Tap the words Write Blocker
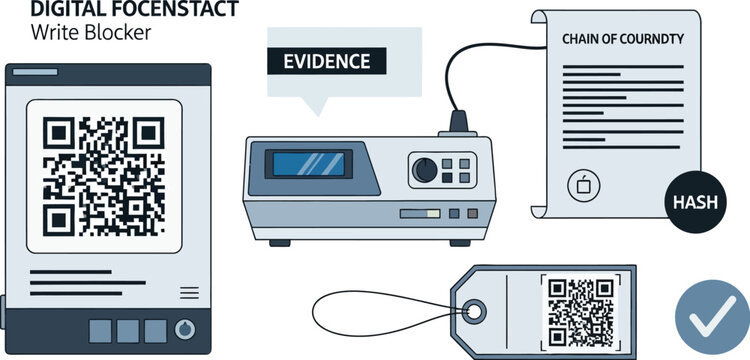point(91,32)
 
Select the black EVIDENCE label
point(327,61)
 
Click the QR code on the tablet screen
point(105,175)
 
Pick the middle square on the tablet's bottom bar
point(128,330)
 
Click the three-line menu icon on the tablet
point(188,292)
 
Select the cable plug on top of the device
point(461,123)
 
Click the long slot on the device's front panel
point(420,213)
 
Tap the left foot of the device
point(286,241)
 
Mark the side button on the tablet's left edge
point(3,305)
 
